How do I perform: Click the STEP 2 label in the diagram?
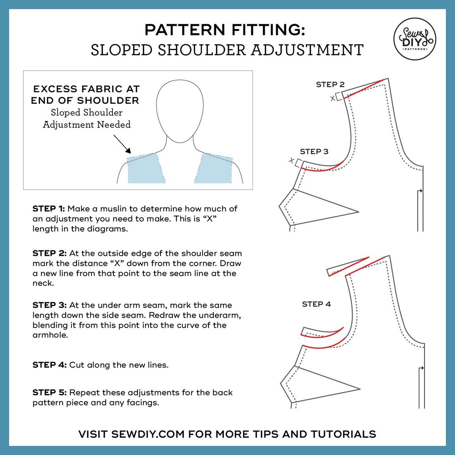coord(330,85)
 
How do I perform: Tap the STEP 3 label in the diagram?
coord(314,152)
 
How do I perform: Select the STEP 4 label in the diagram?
coord(316,304)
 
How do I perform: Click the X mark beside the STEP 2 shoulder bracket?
coord(333,98)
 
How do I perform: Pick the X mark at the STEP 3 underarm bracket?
coord(291,160)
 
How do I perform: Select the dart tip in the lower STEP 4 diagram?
coord(359,389)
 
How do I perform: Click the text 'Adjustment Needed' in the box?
coord(86,124)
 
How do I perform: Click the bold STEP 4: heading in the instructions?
coord(49,365)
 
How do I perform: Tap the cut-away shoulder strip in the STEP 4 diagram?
coord(348,266)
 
